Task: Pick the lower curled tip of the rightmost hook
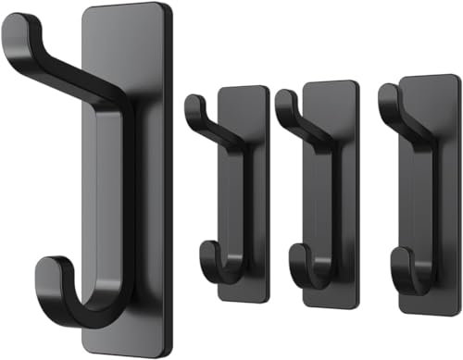pyautogui.click(x=396, y=254)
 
